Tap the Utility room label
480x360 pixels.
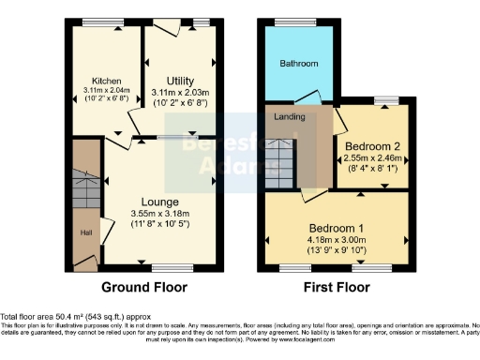pos(180,81)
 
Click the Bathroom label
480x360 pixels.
pos(299,64)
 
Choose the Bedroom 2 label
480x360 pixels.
pos(371,147)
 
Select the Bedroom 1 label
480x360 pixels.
pos(337,227)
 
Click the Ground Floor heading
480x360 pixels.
pos(143,288)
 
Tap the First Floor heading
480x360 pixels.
pos(337,288)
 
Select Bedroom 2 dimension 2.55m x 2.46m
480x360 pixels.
pos(372,159)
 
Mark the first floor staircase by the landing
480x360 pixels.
pos(280,156)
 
